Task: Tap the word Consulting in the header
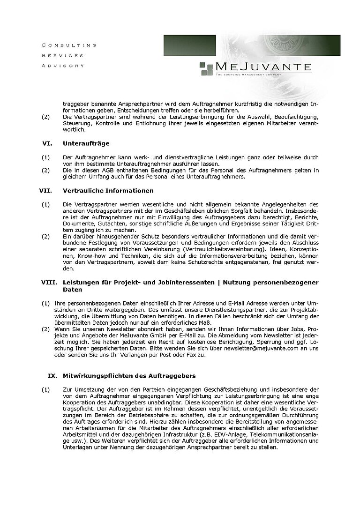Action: (x=69, y=45)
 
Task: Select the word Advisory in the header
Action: (x=63, y=66)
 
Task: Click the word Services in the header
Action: (x=63, y=55)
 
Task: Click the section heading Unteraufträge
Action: (x=86, y=143)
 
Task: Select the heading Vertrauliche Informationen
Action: (x=106, y=191)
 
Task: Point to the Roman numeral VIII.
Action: (x=49, y=283)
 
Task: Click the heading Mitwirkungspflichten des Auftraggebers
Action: (x=129, y=376)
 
